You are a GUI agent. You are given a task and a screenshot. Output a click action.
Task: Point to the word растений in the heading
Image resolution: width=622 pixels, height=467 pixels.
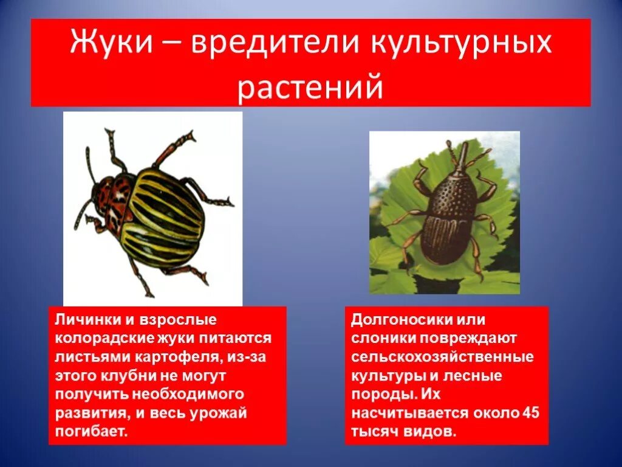click(x=310, y=87)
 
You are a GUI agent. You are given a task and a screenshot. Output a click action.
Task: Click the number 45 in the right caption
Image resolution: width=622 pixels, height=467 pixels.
click(x=530, y=413)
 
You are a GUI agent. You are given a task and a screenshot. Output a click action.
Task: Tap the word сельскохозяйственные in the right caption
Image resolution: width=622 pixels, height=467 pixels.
click(x=442, y=357)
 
